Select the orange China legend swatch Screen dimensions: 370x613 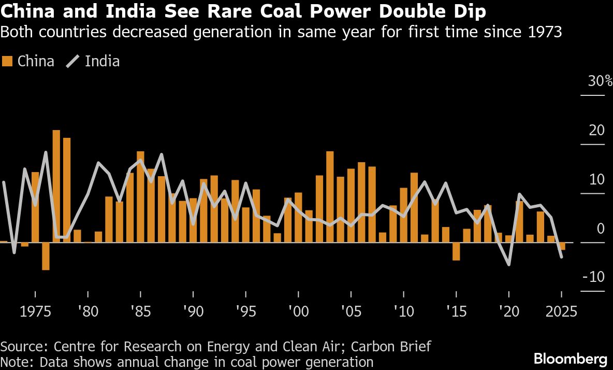point(7,61)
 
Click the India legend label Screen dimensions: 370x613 point(102,61)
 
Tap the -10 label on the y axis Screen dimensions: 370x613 point(593,277)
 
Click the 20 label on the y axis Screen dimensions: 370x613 point(597,130)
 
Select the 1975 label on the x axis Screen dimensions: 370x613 point(35,312)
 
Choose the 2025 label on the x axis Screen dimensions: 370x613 point(562,312)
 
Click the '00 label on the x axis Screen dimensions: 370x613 point(299,312)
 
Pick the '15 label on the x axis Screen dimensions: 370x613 point(456,312)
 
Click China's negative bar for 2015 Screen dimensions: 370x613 point(456,251)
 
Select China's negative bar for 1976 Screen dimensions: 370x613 point(46,256)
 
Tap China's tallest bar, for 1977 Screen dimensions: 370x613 point(56,186)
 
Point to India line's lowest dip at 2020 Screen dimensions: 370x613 point(509,265)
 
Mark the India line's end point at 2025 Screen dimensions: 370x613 point(562,257)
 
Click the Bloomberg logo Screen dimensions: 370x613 point(570,358)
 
